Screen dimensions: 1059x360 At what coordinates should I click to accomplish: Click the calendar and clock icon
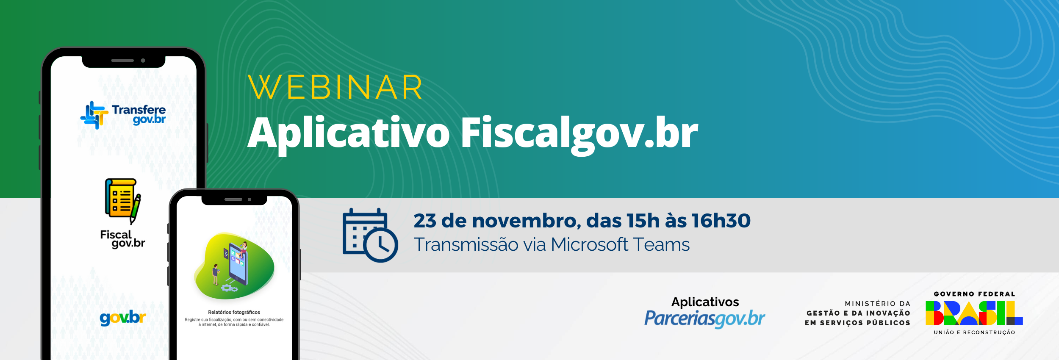point(370,235)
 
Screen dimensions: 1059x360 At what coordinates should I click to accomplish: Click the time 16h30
point(721,221)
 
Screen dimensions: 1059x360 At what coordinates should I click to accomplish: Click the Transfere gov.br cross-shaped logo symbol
point(94,115)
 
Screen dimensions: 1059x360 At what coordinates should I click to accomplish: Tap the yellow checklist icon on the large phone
point(123,201)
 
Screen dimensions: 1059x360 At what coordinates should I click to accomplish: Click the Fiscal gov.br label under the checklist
point(122,239)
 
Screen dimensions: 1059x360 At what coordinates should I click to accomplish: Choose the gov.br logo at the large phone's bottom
point(123,318)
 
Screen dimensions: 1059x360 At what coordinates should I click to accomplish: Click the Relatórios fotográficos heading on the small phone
point(234,312)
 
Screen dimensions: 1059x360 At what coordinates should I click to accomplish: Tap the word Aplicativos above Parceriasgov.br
point(705,302)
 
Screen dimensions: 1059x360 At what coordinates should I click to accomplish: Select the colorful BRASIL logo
point(974,313)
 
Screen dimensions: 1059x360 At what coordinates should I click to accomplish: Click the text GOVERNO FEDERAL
point(974,294)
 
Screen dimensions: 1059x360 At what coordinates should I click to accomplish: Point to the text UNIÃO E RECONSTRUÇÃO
point(974,332)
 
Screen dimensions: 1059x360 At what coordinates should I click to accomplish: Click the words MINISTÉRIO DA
point(877,304)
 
